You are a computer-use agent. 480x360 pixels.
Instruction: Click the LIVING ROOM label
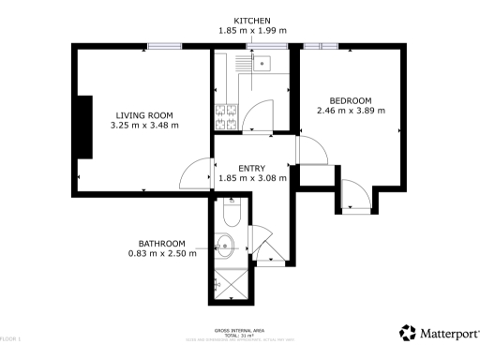[x=143, y=113]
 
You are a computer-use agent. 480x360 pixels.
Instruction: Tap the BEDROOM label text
[x=351, y=100]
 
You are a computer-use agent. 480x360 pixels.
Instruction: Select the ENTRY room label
[x=251, y=168]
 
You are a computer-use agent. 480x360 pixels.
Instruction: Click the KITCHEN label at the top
[x=252, y=20]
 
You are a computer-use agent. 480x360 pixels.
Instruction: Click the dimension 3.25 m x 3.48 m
[x=143, y=125]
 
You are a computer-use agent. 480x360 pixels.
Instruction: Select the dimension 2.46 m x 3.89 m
[x=351, y=112]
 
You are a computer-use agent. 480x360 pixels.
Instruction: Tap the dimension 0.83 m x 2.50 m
[x=162, y=253]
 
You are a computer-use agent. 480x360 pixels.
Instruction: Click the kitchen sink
[x=262, y=64]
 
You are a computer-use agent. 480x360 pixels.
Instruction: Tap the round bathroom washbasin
[x=225, y=249]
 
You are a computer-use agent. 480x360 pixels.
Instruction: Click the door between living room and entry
[x=199, y=173]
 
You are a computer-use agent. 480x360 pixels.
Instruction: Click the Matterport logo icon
[x=408, y=332]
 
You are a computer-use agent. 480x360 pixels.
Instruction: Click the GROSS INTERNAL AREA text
[x=240, y=330]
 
